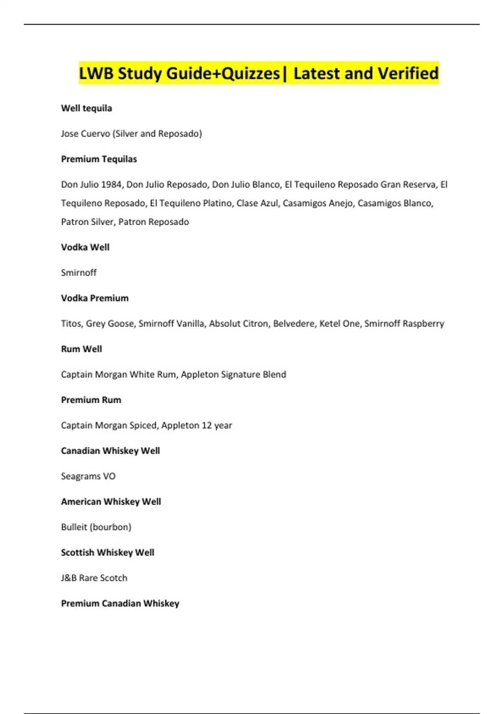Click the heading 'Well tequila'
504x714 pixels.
tap(86, 108)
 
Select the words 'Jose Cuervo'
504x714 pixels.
tap(85, 134)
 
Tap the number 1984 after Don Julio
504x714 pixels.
tap(111, 184)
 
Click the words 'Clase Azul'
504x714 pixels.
tap(257, 203)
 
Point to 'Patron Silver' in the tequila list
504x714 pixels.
tap(87, 222)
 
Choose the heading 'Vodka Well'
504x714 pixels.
tap(85, 247)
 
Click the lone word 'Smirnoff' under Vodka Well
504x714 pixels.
tap(79, 273)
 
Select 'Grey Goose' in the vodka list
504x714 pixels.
tap(109, 323)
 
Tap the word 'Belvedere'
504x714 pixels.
tap(294, 323)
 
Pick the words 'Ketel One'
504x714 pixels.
tap(339, 323)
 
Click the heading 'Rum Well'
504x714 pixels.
tap(81, 349)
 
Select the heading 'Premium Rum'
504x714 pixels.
tap(91, 400)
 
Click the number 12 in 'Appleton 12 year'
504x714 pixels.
tap(206, 425)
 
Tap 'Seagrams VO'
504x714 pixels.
tap(88, 476)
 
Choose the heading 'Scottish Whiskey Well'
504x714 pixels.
tap(108, 553)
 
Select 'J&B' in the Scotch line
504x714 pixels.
tap(69, 578)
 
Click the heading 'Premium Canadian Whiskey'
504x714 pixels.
tap(120, 604)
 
